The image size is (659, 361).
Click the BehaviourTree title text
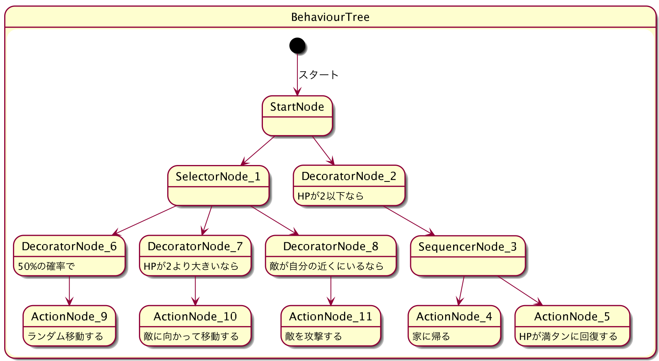(330, 17)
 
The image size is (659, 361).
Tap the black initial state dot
(297, 46)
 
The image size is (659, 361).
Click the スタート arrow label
(318, 75)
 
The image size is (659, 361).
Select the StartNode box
(297, 116)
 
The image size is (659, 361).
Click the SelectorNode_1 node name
(218, 176)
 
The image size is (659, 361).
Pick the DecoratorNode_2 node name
(349, 176)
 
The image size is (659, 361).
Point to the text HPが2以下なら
(330, 196)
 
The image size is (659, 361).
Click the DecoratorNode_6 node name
(69, 246)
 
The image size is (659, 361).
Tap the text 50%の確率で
(46, 266)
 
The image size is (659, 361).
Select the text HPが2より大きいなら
(191, 266)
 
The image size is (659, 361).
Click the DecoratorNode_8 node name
(330, 246)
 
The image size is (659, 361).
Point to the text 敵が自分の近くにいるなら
(326, 266)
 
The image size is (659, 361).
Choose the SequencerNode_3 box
(467, 255)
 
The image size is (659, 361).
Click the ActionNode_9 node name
(69, 317)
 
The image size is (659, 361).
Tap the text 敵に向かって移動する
(191, 336)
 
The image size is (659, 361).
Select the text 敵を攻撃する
(313, 336)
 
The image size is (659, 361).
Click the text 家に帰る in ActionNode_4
(431, 336)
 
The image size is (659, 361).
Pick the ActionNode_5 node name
(572, 317)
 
